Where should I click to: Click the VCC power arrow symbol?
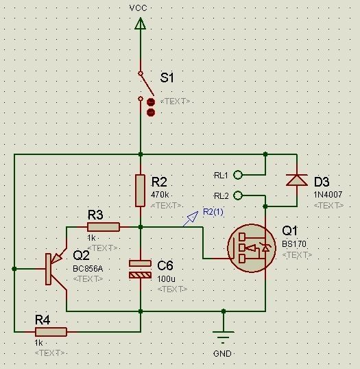click(141, 23)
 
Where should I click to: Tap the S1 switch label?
click(167, 78)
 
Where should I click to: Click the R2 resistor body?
click(141, 191)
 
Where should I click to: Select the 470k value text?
click(160, 195)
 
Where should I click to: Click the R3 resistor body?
click(104, 227)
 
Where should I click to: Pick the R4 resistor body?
click(51, 332)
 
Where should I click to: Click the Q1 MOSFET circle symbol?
click(252, 248)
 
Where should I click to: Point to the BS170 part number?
click(294, 243)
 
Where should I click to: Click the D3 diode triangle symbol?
click(297, 180)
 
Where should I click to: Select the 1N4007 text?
click(328, 194)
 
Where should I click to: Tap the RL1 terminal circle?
click(238, 175)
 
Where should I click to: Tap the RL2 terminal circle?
click(238, 195)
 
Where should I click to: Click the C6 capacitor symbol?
click(141, 270)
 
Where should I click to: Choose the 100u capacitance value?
click(166, 279)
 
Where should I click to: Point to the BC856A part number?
click(88, 268)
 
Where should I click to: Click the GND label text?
click(222, 354)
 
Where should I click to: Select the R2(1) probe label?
click(213, 212)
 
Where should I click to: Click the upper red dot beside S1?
click(151, 102)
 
